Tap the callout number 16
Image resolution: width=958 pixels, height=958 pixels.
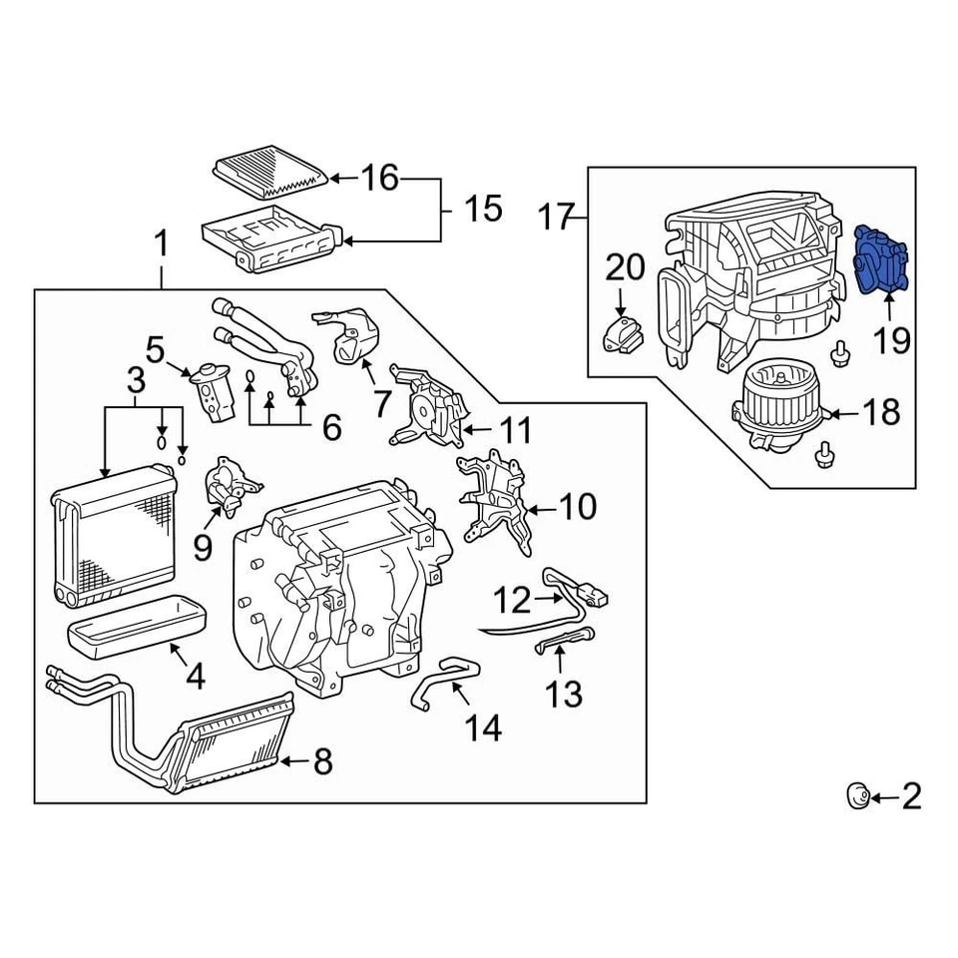[379, 179]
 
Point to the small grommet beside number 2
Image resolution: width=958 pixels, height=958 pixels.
[856, 795]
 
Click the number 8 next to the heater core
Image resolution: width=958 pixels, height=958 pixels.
[321, 763]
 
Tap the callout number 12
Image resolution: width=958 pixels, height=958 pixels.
[514, 600]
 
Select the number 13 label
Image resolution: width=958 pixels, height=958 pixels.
[565, 692]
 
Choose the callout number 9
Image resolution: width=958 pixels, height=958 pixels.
[203, 547]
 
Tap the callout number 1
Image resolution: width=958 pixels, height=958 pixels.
[160, 242]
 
